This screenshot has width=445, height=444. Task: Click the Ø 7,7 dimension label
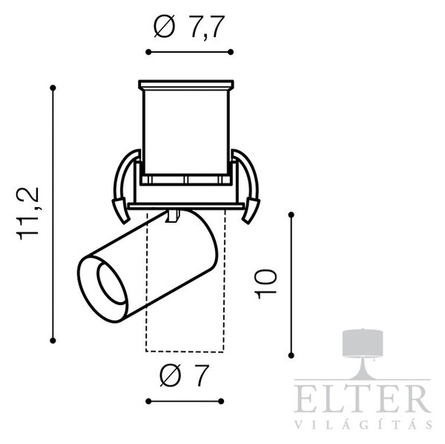click(x=189, y=27)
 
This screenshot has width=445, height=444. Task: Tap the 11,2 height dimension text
click(x=28, y=214)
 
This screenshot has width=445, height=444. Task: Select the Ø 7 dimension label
click(x=184, y=376)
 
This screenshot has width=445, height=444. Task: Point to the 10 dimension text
click(x=266, y=284)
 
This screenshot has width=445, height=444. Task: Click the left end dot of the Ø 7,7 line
click(x=148, y=52)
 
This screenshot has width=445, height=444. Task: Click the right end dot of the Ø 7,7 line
click(x=231, y=52)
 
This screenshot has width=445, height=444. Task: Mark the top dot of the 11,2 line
click(x=53, y=88)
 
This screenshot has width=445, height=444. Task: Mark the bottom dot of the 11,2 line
click(x=53, y=340)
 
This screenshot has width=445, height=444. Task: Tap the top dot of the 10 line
click(x=291, y=215)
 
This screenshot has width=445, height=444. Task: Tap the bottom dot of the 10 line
click(x=291, y=355)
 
